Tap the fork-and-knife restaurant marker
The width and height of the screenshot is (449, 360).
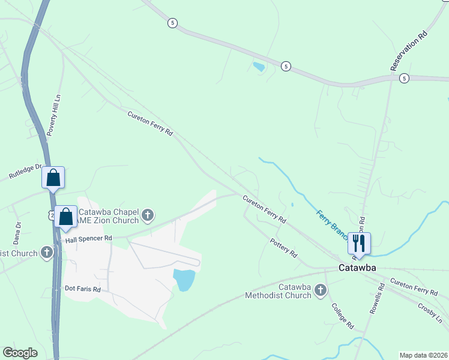(359, 243)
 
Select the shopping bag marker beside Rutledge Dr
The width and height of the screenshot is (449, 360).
(53, 178)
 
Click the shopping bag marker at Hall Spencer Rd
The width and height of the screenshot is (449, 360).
(65, 217)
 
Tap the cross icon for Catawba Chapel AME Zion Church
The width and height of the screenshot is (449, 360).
(148, 214)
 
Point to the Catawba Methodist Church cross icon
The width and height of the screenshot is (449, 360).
(320, 291)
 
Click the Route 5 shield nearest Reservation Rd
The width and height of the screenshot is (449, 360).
(404, 78)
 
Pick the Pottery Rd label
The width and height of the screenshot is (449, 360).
(284, 247)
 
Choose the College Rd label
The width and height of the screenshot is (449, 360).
(343, 316)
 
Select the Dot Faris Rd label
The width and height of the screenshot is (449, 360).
(82, 289)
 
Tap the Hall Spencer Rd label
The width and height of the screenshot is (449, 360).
(89, 238)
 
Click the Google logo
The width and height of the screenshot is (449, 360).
(20, 353)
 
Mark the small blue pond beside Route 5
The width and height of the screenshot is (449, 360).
(259, 67)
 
